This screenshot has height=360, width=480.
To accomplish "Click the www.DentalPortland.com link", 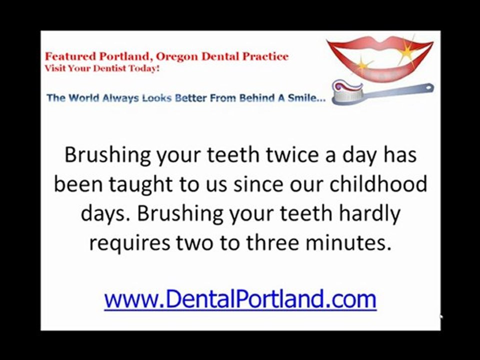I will [240, 299].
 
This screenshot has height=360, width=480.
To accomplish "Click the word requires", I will [129, 242].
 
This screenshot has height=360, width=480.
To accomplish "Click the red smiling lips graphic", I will [379, 57].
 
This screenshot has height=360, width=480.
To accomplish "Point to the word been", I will [74, 184].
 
